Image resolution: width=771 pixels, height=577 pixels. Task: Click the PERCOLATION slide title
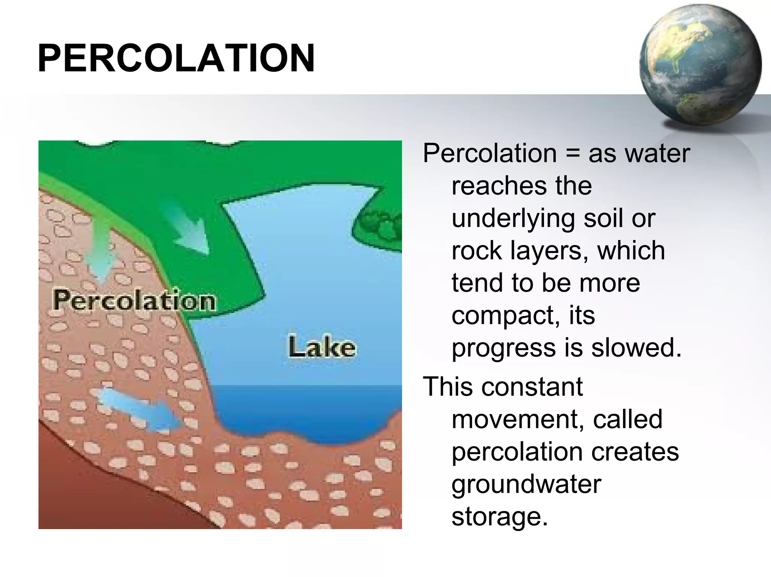(x=176, y=58)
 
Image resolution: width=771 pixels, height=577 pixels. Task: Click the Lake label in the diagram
(x=322, y=347)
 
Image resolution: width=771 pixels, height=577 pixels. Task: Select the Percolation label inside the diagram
(x=134, y=301)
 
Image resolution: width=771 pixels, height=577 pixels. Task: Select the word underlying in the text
(x=513, y=219)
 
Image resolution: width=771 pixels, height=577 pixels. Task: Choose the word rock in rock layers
(x=477, y=251)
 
